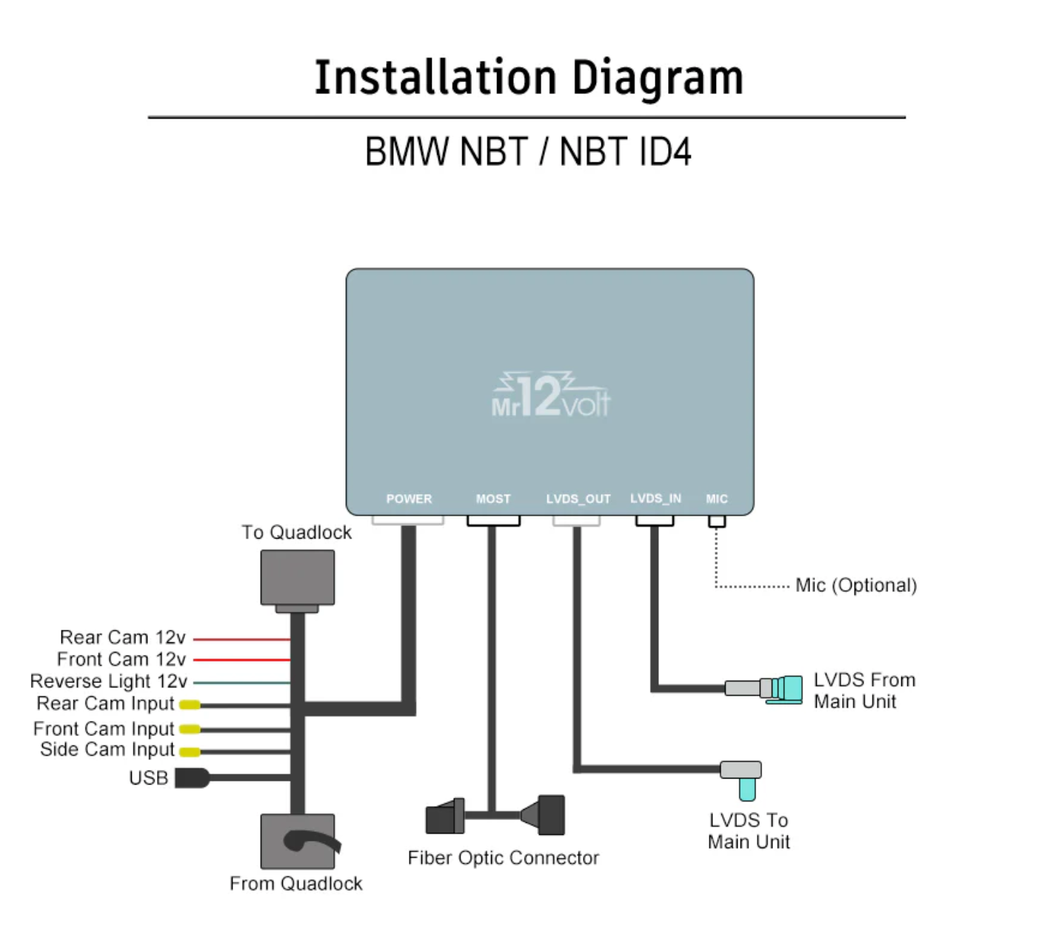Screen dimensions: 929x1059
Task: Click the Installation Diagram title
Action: [x=529, y=78]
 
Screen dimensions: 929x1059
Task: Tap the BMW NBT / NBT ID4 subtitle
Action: [x=528, y=152]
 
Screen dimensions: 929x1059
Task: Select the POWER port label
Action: [x=409, y=499]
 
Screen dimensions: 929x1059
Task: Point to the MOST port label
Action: [x=493, y=499]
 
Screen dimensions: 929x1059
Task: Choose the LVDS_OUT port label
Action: [x=578, y=499]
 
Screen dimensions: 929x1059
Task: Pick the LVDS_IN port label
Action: [x=655, y=499]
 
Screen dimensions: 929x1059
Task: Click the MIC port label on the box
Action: [x=717, y=499]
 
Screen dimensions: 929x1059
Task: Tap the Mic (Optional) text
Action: [x=856, y=585]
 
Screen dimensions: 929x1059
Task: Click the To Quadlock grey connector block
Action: [x=298, y=578]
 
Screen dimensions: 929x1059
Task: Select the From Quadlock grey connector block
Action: [x=298, y=842]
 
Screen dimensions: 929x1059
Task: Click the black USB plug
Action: [x=192, y=778]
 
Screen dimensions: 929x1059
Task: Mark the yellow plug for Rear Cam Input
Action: [x=190, y=705]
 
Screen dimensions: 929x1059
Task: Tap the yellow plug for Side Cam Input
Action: [x=190, y=752]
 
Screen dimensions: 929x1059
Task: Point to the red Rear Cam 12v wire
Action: [x=241, y=639]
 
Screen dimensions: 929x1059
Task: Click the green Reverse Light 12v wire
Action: [x=241, y=682]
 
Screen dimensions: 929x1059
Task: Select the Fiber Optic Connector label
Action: [x=504, y=858]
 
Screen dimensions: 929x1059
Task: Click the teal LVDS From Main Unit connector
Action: [x=786, y=689]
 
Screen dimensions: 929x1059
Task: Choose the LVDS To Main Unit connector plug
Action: [x=743, y=778]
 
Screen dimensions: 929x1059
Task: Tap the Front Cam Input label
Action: [x=104, y=729]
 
